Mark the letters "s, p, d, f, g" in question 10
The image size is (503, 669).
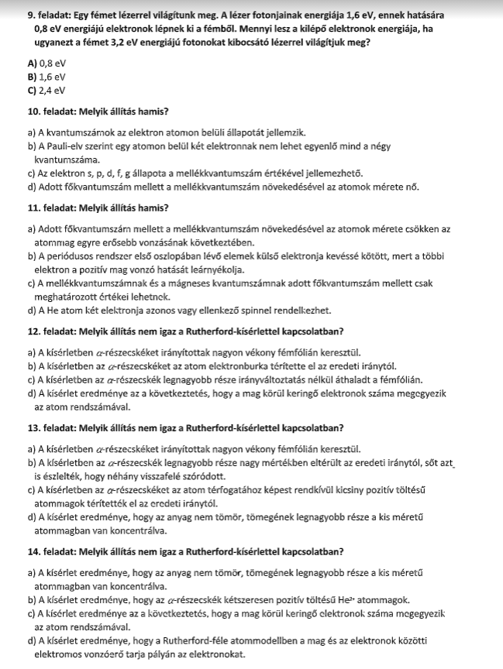104,173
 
